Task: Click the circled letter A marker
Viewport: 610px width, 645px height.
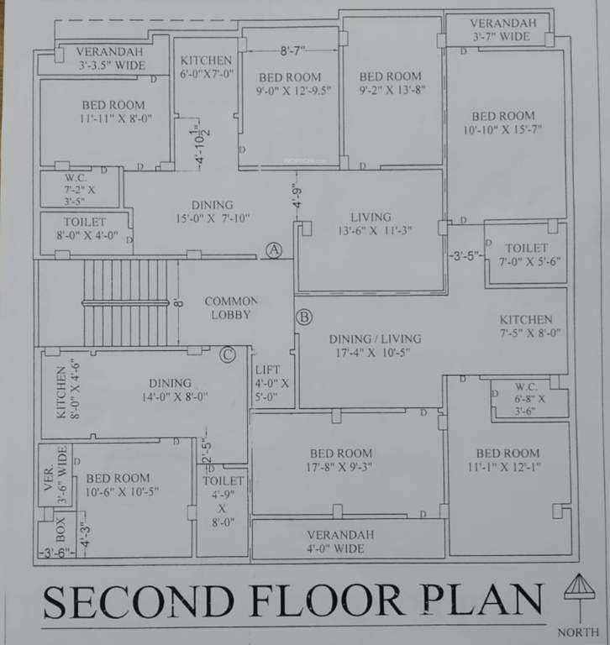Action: pos(273,249)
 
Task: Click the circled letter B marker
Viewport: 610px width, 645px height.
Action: pos(303,317)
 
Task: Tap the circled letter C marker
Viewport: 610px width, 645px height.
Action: pos(227,354)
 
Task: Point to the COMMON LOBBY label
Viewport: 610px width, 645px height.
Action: pos(231,307)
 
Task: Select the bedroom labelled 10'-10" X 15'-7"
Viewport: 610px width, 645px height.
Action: pos(502,123)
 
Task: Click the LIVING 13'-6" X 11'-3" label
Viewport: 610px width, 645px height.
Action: pos(371,224)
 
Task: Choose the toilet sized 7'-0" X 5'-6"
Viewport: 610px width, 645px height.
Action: pos(527,254)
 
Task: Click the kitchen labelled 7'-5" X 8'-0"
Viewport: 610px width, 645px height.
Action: pos(526,326)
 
